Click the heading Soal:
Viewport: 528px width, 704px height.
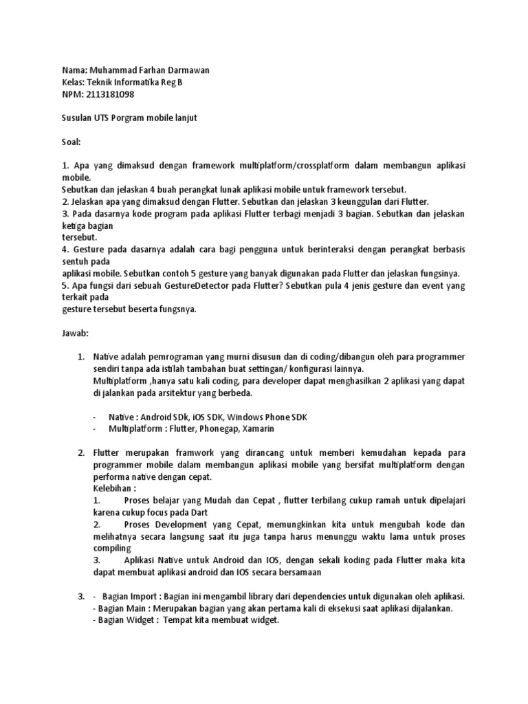click(71, 142)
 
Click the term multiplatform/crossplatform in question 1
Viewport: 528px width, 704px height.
click(298, 166)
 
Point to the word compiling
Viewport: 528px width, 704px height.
click(111, 548)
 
